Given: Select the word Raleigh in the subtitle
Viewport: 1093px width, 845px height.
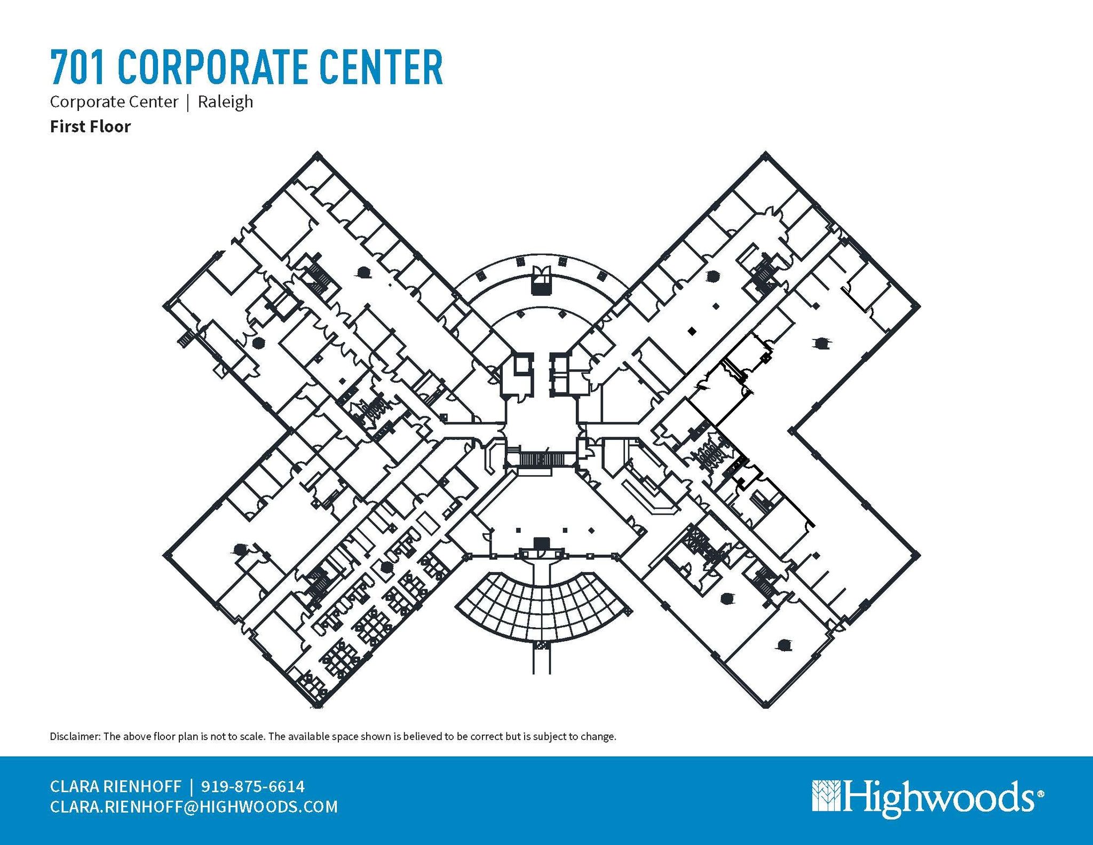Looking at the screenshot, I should click(225, 102).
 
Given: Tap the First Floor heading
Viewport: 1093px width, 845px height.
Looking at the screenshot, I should click(90, 127).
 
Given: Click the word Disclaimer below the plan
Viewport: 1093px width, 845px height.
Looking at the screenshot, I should click(74, 737).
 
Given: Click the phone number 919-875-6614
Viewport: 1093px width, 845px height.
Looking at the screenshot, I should click(253, 786).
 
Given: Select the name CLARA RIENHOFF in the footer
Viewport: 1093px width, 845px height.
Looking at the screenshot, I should click(115, 786).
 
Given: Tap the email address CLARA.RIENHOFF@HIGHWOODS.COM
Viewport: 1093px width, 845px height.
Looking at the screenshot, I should click(194, 806).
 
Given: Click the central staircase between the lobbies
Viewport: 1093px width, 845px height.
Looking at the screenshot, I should click(541, 459).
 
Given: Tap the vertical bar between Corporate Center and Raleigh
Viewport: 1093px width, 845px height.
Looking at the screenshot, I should click(188, 102).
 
